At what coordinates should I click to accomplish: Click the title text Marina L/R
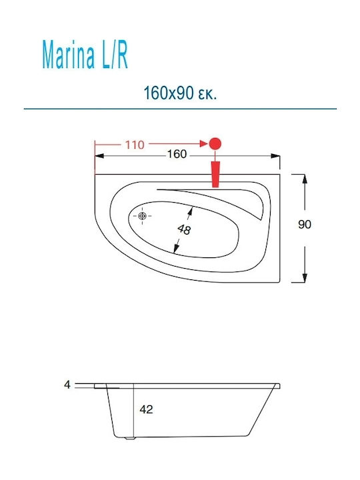(85, 57)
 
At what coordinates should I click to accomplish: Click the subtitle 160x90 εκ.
(181, 92)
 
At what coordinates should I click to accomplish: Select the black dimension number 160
(175, 155)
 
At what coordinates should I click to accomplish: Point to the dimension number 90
(305, 225)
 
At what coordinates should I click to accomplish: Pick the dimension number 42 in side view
(145, 409)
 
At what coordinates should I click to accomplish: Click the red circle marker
(215, 143)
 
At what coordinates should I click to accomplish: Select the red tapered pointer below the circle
(215, 175)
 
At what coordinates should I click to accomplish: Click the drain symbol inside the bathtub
(142, 216)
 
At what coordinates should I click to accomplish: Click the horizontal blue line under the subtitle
(180, 108)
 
